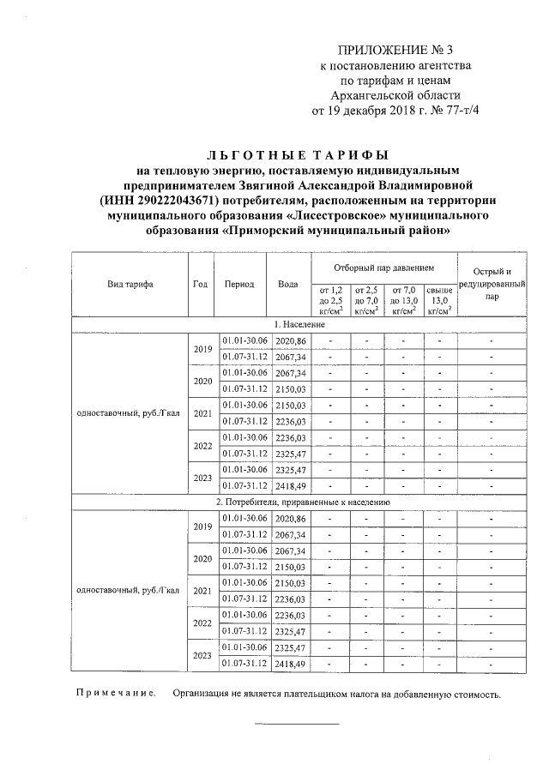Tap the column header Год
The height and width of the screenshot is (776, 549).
[x=201, y=284]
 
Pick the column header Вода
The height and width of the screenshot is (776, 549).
[x=288, y=284]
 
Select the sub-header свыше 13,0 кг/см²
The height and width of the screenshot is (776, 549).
[x=440, y=302]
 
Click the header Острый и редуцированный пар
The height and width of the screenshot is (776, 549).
[x=491, y=284]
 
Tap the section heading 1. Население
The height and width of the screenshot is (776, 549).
[x=299, y=325]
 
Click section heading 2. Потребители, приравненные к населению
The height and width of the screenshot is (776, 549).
[x=299, y=502]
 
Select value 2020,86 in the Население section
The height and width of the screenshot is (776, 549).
[x=291, y=341]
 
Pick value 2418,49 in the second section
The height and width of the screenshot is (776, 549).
[x=291, y=663]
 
